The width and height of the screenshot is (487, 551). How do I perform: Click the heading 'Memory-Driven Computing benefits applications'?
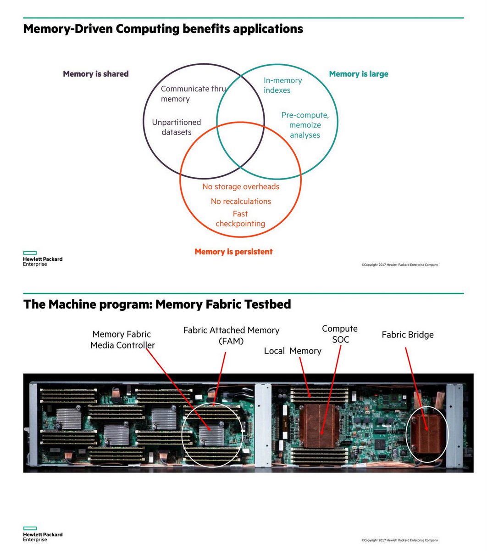163,29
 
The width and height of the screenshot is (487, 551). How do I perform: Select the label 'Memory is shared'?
95,74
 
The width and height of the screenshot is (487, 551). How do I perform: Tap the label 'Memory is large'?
359,74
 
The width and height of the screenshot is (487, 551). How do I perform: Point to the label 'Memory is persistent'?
233,252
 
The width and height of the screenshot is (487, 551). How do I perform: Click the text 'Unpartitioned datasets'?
177,127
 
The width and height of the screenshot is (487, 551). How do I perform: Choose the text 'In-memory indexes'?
282,85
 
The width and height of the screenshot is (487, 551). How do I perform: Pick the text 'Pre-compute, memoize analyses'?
305,125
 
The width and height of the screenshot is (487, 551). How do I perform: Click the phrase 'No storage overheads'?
241,186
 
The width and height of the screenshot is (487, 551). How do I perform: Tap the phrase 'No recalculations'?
241,201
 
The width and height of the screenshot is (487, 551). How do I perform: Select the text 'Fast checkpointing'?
240,219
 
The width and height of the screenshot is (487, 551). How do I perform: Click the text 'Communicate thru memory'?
193,94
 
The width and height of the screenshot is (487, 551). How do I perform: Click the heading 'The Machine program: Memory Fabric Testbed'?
157,304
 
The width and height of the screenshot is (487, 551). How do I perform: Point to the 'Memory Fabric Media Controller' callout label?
122,340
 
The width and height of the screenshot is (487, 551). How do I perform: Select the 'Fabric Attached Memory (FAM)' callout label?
231,336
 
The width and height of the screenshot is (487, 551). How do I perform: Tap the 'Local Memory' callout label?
293,351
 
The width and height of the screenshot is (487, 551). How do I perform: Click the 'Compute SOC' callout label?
340,334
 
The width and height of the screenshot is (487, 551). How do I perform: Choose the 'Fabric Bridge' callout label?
408,335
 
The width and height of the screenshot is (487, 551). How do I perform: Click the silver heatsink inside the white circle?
210,434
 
